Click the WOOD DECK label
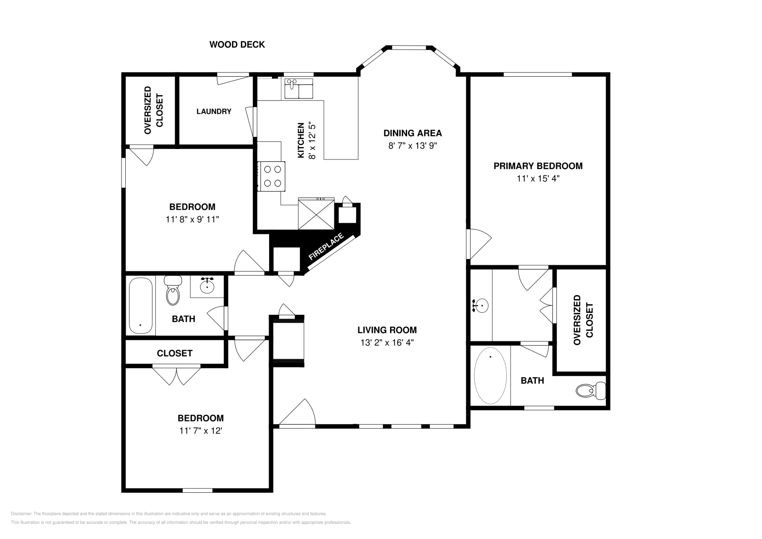[237, 45]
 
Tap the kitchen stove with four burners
[271, 176]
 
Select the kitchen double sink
[299, 89]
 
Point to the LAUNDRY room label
[214, 111]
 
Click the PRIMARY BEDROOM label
[538, 166]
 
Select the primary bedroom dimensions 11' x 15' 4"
[538, 179]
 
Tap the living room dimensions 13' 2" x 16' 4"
[387, 342]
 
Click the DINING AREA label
[412, 133]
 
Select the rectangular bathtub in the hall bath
[140, 306]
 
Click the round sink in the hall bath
[207, 287]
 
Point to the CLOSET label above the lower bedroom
[174, 353]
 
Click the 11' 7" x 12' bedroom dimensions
[201, 431]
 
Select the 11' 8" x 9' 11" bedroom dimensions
[192, 220]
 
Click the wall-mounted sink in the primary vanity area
[481, 305]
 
